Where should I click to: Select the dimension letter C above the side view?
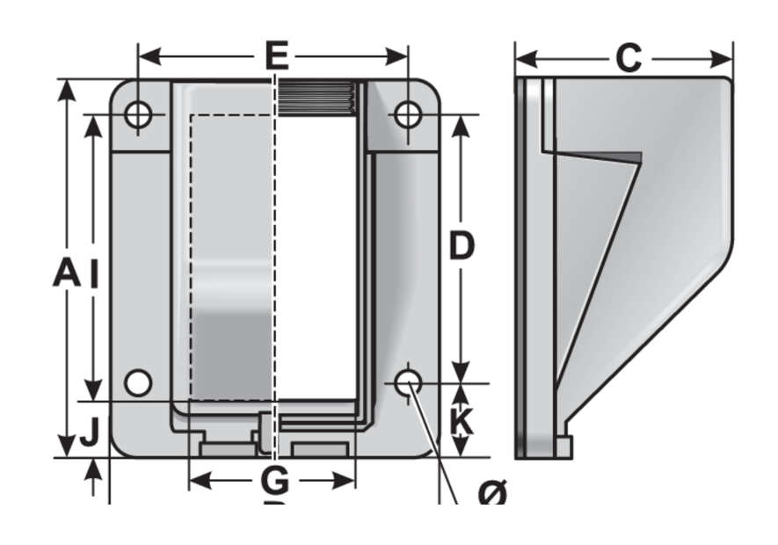(628, 58)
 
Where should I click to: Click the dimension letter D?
(462, 246)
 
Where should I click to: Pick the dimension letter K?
(462, 423)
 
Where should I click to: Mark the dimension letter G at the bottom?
(276, 481)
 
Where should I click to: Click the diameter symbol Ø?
(492, 494)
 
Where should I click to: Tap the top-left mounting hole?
(138, 114)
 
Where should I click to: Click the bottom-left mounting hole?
(138, 383)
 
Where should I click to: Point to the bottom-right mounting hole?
(408, 383)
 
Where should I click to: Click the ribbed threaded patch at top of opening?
(316, 98)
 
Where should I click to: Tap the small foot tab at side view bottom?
(564, 447)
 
